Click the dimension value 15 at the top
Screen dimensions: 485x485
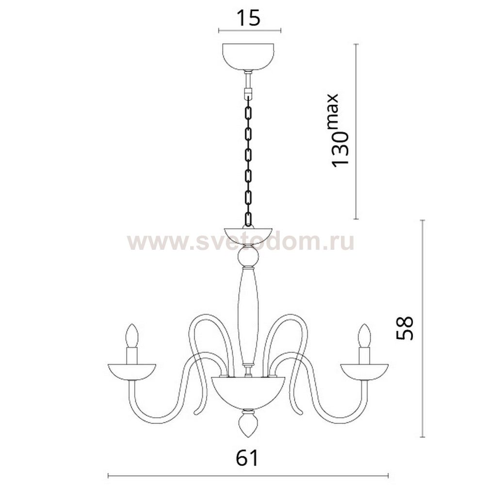[x=248, y=18]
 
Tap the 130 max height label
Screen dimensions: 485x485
[x=339, y=130]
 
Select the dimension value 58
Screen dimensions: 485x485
[x=404, y=328]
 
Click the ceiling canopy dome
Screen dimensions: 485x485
[x=248, y=57]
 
